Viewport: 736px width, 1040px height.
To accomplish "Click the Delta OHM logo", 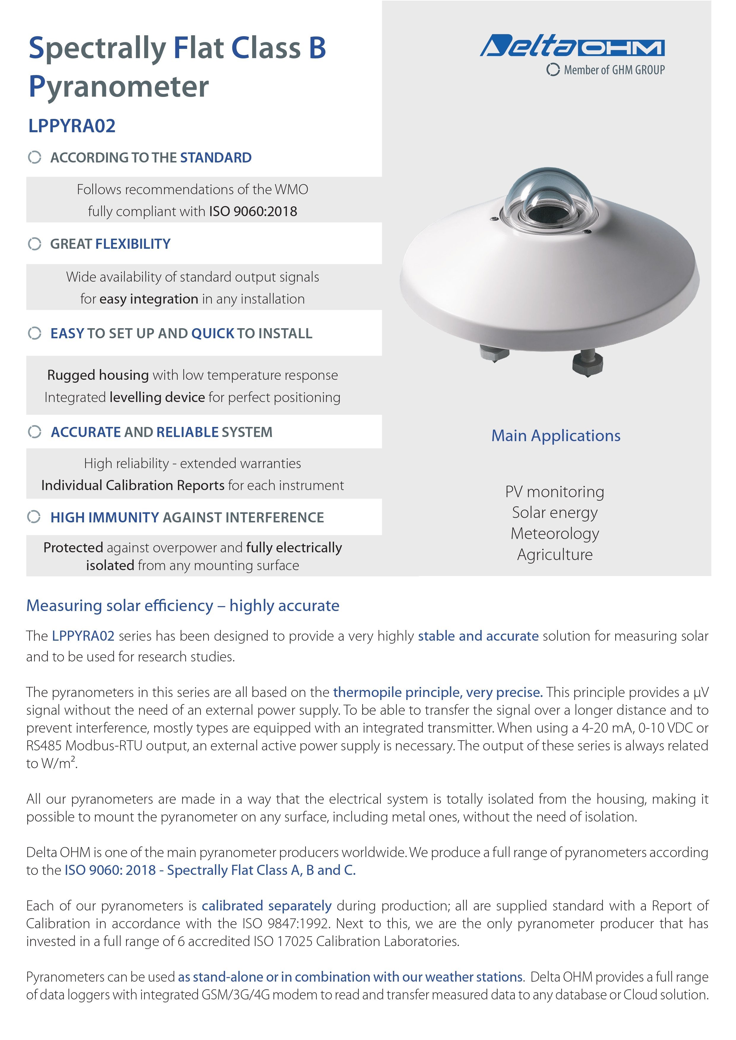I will click(572, 46).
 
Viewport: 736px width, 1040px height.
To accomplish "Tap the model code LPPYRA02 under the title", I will click(72, 126).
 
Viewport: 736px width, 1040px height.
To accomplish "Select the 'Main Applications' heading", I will click(556, 436).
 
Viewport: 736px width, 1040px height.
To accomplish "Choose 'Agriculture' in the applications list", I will click(555, 554).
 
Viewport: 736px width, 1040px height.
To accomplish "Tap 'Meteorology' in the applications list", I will click(555, 534).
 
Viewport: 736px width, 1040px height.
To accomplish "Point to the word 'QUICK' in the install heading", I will click(212, 334).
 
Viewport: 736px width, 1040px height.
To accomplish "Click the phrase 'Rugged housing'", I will click(98, 375).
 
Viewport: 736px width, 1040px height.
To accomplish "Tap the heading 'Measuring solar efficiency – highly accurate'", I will click(183, 606).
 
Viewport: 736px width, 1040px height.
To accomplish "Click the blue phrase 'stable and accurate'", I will click(478, 636).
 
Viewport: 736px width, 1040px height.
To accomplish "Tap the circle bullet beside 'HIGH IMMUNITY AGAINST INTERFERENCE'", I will click(34, 516).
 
